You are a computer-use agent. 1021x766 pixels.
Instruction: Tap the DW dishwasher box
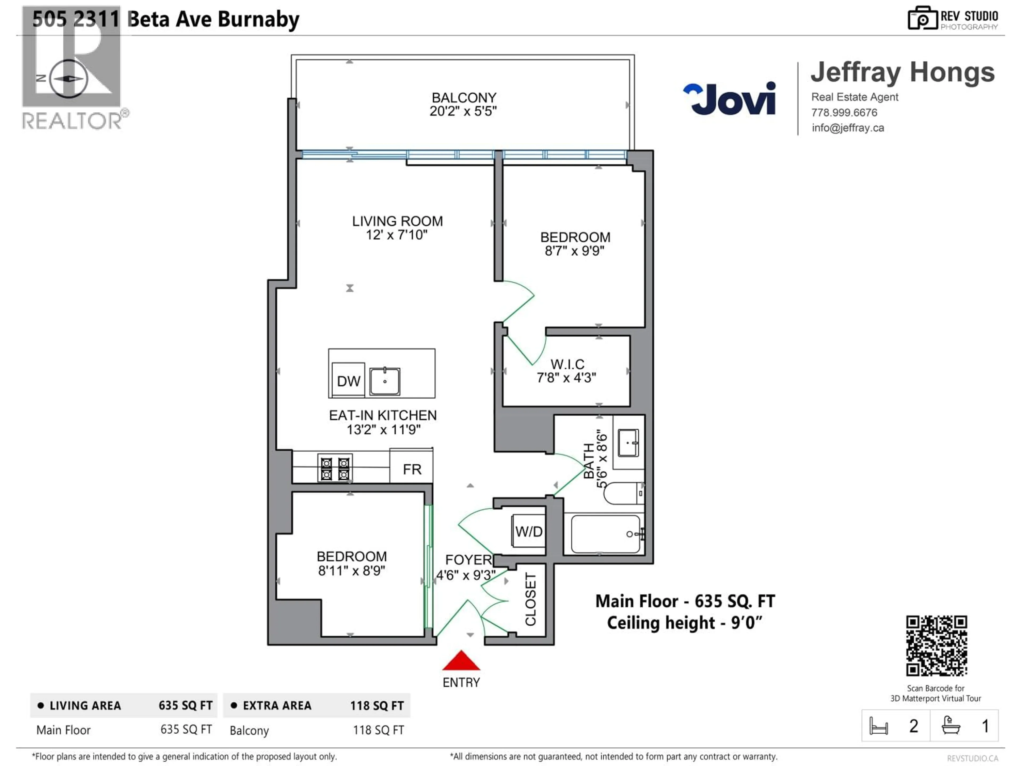pyautogui.click(x=349, y=380)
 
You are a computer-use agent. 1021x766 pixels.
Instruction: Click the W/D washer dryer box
pyautogui.click(x=529, y=531)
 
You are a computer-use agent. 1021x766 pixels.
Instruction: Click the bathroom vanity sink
pyautogui.click(x=628, y=443)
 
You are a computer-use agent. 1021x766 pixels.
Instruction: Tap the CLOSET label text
pyautogui.click(x=531, y=599)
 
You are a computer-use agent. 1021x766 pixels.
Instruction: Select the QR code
pyautogui.click(x=936, y=646)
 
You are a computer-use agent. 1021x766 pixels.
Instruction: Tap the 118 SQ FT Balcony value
pyautogui.click(x=378, y=730)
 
